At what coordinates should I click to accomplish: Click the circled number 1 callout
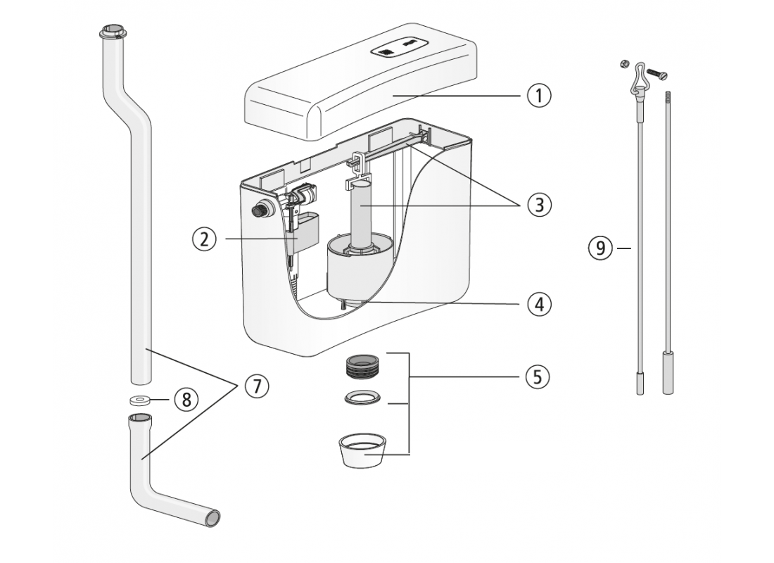point(539,95)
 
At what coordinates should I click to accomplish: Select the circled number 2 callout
point(204,239)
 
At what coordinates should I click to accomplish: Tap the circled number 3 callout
point(539,205)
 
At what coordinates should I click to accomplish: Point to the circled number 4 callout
point(539,304)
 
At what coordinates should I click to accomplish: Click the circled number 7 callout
point(257,386)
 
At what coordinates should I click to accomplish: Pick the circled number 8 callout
point(186,400)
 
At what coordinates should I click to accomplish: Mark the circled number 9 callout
point(600,248)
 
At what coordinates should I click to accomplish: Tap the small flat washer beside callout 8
point(141,400)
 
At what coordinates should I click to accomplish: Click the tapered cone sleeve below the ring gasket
point(363,451)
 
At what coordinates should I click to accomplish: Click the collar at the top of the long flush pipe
point(113,32)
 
